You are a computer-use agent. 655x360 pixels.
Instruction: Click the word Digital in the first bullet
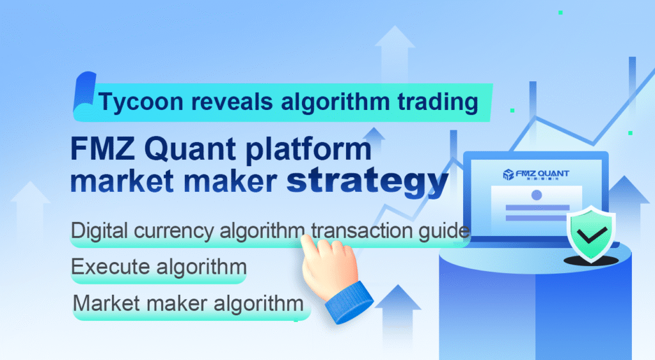pyautogui.click(x=95, y=231)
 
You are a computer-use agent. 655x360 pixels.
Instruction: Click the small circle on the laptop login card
pyautogui.click(x=536, y=194)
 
